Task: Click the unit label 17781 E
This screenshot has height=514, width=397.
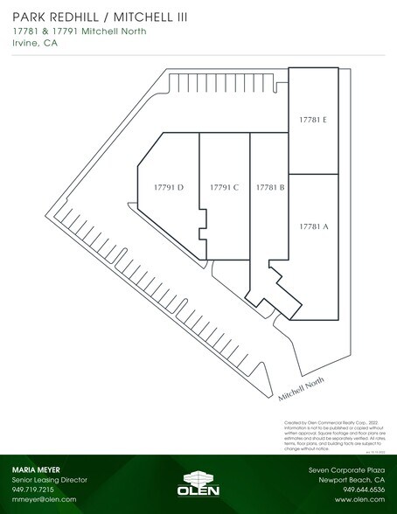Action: pos(312,120)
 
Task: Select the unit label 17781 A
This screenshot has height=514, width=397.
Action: pos(313,226)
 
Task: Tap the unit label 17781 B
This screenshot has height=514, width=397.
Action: pos(270,187)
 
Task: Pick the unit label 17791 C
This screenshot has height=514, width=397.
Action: pos(225,187)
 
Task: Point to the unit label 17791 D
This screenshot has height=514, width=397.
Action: pos(168,187)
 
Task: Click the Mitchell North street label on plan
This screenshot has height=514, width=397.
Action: pos(301,385)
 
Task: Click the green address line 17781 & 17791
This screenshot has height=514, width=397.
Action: pos(79,32)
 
